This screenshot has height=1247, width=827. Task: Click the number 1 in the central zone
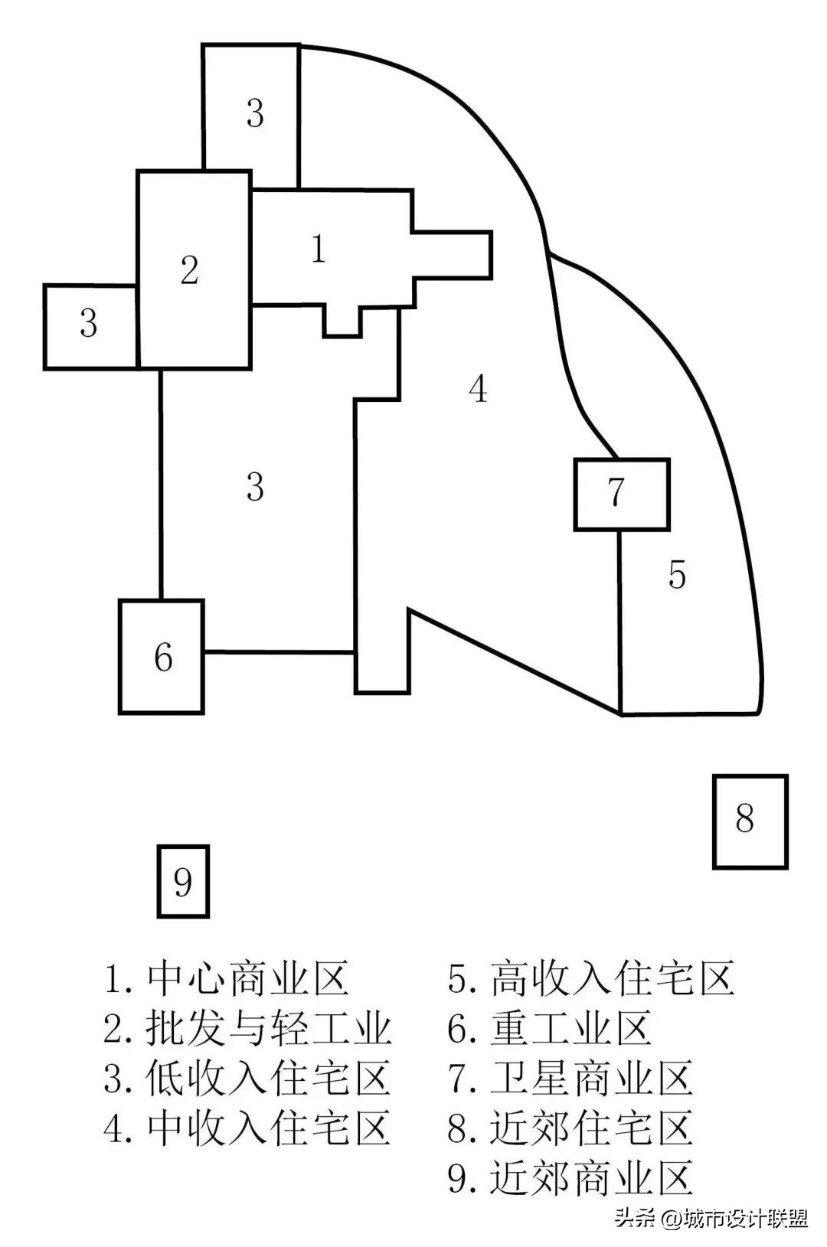[x=319, y=249]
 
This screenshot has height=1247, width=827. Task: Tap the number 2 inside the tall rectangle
[x=189, y=269]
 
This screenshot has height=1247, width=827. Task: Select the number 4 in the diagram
[x=478, y=389]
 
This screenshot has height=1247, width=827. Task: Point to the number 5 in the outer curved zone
[x=676, y=575]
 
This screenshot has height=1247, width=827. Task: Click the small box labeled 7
[x=621, y=494]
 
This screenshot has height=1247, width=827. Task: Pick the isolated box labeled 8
[x=749, y=821]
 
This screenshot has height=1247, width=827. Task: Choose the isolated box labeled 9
[x=183, y=881]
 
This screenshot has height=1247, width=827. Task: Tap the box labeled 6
[x=162, y=657]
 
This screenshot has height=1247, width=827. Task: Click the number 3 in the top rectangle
[x=255, y=113]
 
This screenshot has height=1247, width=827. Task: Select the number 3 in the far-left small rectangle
[x=89, y=324]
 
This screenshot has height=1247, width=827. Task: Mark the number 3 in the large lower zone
[x=255, y=486]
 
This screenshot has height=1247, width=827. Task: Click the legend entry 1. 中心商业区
[x=227, y=978]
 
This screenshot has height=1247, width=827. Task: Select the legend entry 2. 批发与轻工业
[x=248, y=1028]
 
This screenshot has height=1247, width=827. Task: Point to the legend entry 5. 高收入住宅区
[x=591, y=978]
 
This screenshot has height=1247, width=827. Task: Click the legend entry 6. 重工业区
[x=549, y=1028]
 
